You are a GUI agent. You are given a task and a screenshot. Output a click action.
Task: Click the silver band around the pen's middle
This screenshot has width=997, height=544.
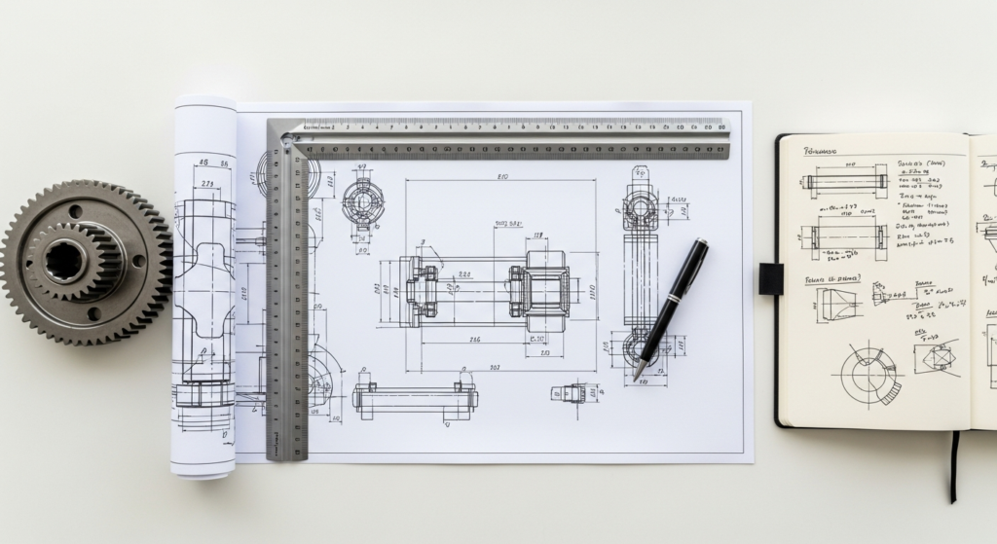[671, 309]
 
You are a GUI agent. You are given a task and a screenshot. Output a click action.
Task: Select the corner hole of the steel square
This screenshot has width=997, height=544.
[285, 139]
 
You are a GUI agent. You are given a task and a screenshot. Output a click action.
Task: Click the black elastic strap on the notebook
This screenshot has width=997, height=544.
[771, 278]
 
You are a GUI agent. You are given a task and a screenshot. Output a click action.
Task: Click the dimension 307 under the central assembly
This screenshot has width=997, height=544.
[495, 368]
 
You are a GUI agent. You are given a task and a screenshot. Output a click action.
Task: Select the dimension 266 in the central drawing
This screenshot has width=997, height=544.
[474, 340]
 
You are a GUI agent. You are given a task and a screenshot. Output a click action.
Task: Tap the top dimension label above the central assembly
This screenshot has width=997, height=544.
[502, 177]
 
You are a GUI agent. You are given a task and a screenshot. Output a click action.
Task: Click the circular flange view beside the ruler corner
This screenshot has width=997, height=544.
[363, 203]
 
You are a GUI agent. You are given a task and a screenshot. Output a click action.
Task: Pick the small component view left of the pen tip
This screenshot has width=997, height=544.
[569, 393]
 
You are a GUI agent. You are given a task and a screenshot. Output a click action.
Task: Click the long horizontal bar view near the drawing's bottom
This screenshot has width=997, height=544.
[415, 398]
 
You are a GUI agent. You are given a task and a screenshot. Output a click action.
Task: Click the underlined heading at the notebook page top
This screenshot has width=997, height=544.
[821, 152]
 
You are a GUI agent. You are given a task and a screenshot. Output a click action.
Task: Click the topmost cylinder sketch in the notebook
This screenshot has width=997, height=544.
[844, 181]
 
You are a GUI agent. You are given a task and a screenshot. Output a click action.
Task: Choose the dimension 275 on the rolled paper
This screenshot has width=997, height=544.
[207, 183]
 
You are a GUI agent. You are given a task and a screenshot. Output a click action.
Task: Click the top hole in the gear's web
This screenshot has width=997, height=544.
[75, 210]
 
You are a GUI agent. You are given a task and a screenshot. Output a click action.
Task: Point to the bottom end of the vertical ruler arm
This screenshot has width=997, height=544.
[287, 453]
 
